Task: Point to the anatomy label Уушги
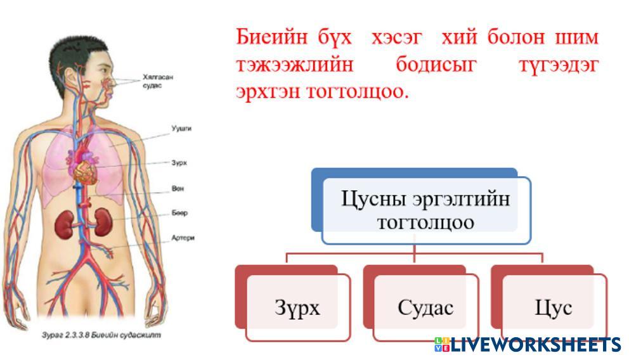tap(181, 128)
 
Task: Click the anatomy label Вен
tap(178, 189)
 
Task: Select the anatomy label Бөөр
tap(179, 213)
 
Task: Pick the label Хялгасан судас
tap(158, 80)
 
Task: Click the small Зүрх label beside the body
tap(179, 163)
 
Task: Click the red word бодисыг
tap(436, 64)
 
